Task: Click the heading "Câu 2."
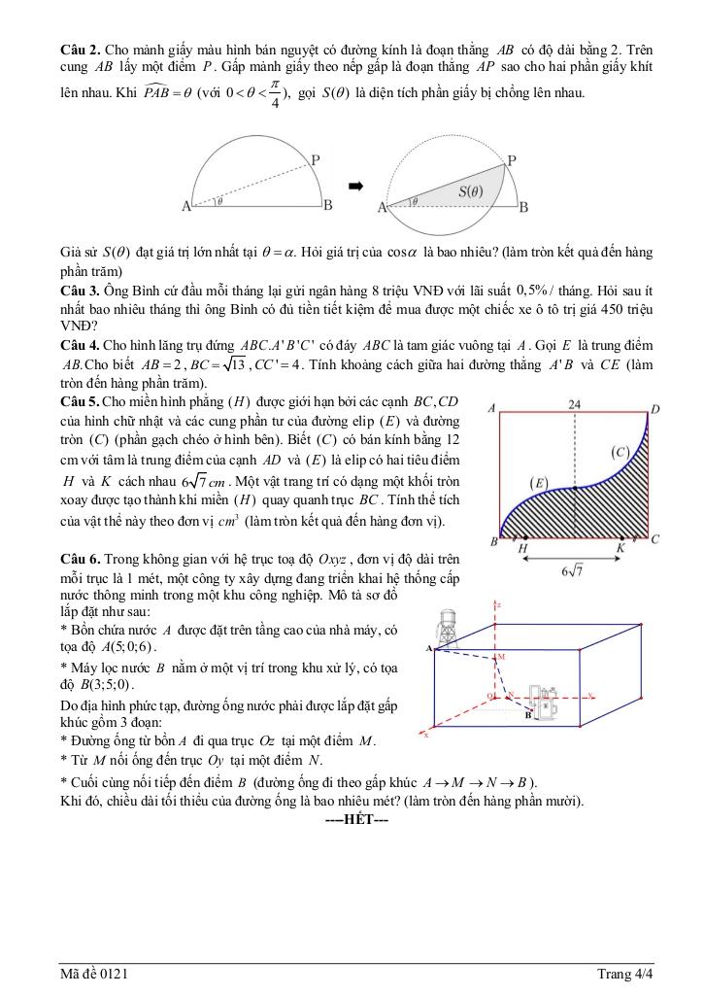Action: tap(79, 49)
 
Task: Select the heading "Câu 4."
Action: tap(79, 345)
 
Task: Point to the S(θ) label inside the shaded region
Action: tap(470, 191)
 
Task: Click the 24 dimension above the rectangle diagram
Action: tap(575, 403)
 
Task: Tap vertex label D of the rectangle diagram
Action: tap(654, 410)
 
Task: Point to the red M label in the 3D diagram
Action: tap(501, 657)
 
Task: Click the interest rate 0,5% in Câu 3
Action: tap(532, 290)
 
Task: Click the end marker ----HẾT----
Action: tap(356, 819)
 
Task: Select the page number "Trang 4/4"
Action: tap(624, 973)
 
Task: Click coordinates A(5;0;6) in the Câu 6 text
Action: tap(121, 646)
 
